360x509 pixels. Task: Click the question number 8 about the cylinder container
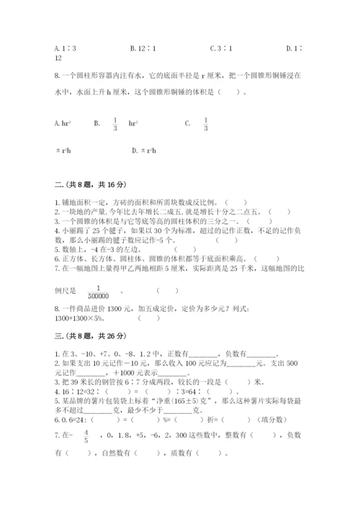click(57, 74)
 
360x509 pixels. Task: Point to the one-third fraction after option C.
click(205, 123)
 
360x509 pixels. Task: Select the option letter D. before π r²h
click(135, 150)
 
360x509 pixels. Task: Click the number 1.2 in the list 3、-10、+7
click(138, 353)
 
